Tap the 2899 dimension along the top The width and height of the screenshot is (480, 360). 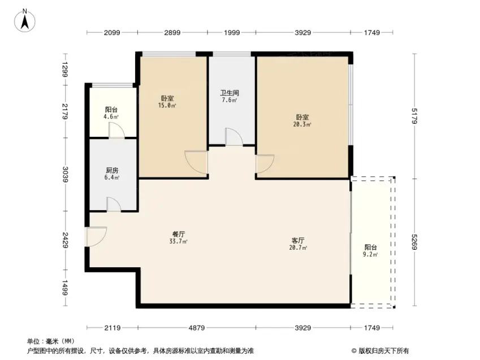click(172, 32)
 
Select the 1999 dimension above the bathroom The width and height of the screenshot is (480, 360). click(232, 32)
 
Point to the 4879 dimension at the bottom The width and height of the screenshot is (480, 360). click(197, 328)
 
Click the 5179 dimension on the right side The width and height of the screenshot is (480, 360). click(414, 116)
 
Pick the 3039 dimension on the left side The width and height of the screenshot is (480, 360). click(65, 174)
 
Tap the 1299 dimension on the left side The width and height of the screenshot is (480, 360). click(65, 70)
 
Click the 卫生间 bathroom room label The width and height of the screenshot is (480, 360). click(230, 93)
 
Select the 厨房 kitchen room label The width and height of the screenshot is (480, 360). click(112, 170)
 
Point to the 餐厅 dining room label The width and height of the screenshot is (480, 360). click(179, 234)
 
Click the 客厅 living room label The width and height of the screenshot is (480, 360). click(298, 241)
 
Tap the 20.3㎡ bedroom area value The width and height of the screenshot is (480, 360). click(302, 124)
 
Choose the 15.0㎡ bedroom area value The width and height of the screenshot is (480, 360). click(167, 106)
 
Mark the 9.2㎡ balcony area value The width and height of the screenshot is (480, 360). click(370, 254)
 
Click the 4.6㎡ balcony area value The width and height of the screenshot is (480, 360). click(111, 116)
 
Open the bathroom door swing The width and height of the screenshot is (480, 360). click(234, 137)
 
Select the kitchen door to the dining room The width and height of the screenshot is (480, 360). click(114, 204)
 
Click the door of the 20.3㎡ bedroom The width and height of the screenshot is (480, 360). click(265, 164)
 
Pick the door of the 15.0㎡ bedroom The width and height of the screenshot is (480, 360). click(197, 163)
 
